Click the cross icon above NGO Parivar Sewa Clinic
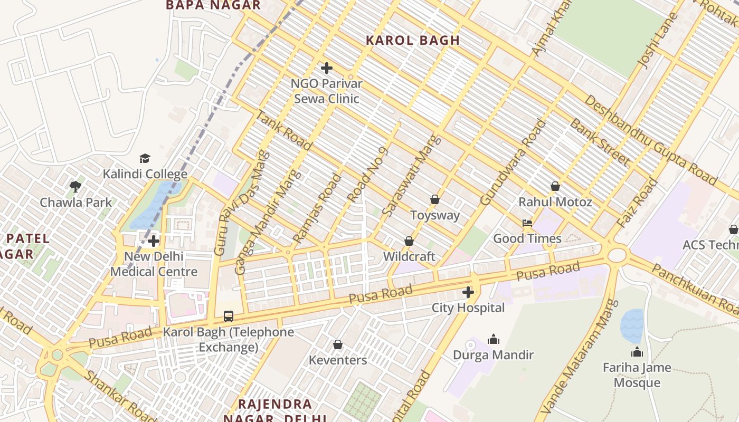(x=327, y=68)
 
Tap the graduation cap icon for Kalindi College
(x=145, y=158)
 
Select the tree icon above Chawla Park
(x=75, y=186)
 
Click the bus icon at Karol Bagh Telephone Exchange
(x=228, y=316)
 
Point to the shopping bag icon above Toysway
(x=435, y=199)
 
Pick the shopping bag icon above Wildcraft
(x=409, y=241)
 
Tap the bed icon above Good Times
(x=527, y=223)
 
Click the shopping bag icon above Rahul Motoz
(x=555, y=186)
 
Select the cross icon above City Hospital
(x=468, y=292)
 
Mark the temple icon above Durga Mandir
(x=494, y=339)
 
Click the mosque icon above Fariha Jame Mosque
(x=637, y=352)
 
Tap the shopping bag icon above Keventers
(x=338, y=345)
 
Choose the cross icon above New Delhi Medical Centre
(x=154, y=242)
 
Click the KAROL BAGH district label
(x=413, y=40)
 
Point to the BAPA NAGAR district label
(x=213, y=5)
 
